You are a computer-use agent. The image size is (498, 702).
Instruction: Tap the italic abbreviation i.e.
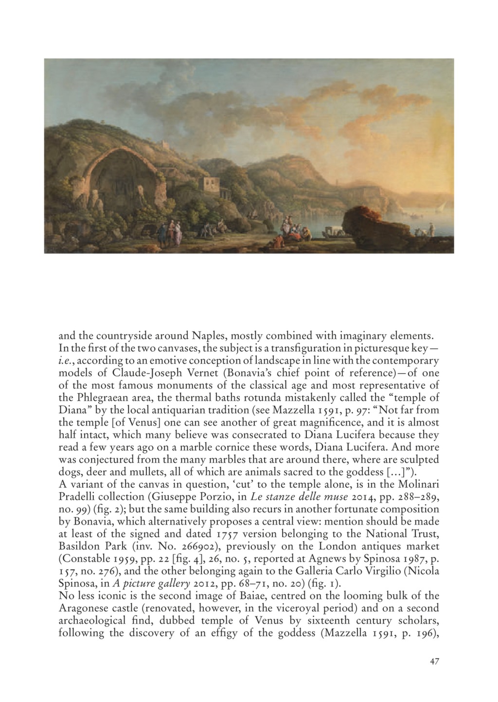click(x=66, y=361)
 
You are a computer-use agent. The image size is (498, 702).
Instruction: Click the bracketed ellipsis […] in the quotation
click(x=400, y=472)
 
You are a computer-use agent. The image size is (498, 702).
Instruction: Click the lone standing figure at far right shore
click(x=431, y=229)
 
